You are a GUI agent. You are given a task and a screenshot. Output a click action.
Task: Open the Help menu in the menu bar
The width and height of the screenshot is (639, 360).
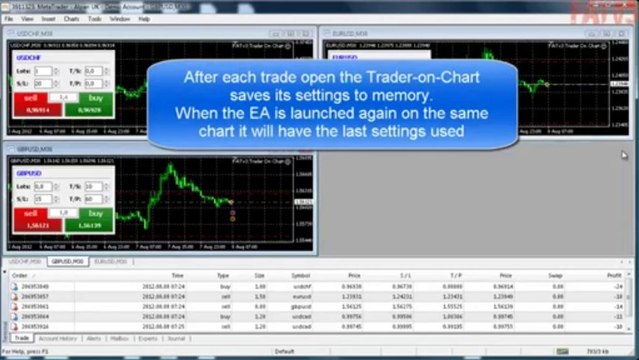tap(144, 19)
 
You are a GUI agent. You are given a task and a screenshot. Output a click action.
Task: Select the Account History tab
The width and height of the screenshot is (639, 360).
tap(60, 338)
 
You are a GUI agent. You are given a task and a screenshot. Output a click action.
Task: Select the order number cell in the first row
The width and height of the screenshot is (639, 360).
tap(36, 288)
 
